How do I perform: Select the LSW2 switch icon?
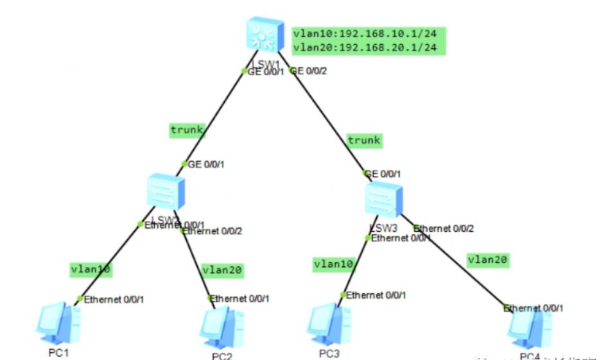click(166, 191)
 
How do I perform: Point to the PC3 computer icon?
click(328, 324)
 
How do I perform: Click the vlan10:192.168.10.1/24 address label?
click(368, 33)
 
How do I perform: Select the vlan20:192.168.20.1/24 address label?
click(368, 47)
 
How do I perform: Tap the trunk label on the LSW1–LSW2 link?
click(187, 130)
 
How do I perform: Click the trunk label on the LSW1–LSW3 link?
click(364, 140)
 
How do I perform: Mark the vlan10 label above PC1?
click(91, 270)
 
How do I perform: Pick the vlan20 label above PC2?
click(223, 270)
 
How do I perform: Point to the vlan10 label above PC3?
click(333, 264)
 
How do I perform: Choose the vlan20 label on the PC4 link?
click(488, 260)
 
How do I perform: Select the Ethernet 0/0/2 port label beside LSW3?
click(443, 228)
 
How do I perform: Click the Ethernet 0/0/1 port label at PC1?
click(114, 299)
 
